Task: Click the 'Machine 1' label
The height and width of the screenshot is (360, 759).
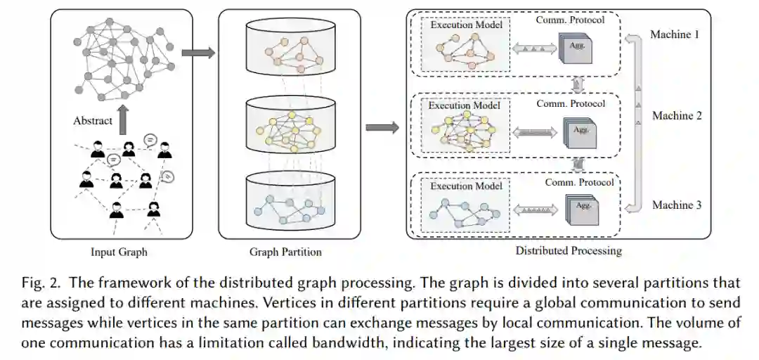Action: pos(675,34)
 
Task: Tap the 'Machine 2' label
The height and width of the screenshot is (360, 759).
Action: pos(677,115)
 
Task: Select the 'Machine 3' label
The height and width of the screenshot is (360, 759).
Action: pos(677,205)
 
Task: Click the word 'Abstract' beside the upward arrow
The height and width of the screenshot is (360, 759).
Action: pos(93,120)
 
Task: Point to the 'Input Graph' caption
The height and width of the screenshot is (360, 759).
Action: pos(119,251)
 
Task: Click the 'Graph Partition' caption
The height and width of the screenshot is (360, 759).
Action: pos(285,252)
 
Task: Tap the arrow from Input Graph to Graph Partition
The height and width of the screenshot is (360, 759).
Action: pos(197,53)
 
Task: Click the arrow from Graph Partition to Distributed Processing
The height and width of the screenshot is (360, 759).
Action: pos(382,128)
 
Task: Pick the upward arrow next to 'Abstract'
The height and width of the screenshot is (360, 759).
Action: pos(124,119)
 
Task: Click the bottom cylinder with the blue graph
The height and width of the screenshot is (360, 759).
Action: pos(290,200)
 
